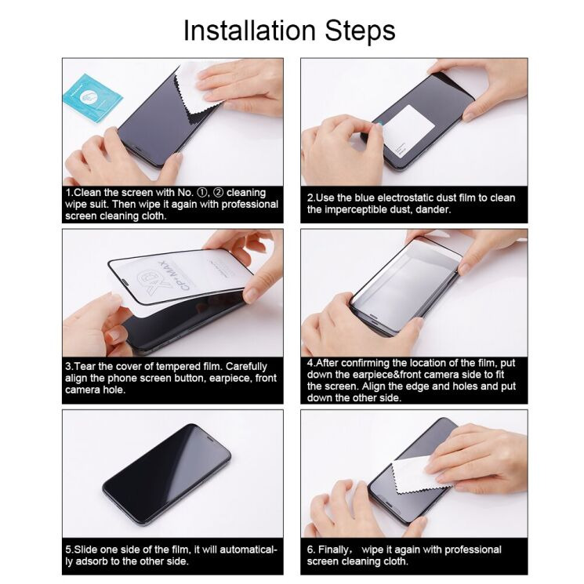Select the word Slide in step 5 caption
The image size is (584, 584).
pos(86,550)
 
